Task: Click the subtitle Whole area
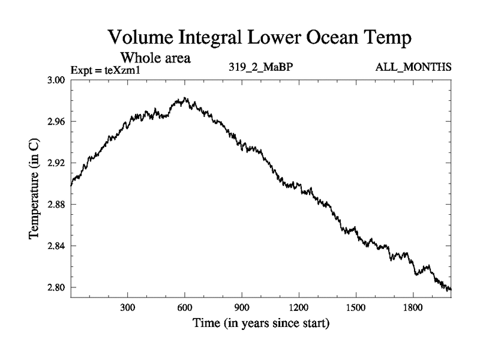[155, 58]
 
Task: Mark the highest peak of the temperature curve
[185, 98]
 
